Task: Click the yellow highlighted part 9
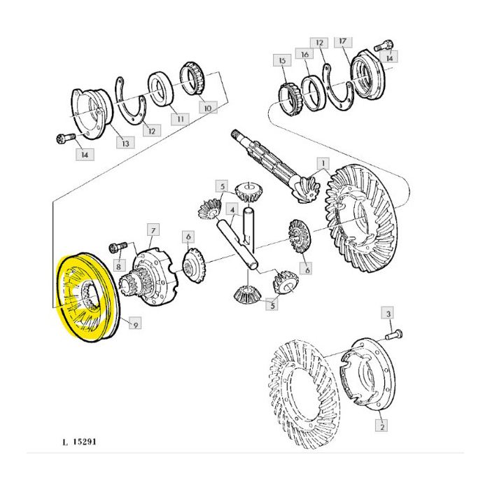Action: point(87,297)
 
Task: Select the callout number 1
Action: point(324,164)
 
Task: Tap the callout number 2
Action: point(381,424)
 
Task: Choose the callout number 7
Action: point(153,230)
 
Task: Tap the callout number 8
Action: point(119,266)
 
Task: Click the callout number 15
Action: point(282,62)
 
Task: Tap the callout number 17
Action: point(342,42)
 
